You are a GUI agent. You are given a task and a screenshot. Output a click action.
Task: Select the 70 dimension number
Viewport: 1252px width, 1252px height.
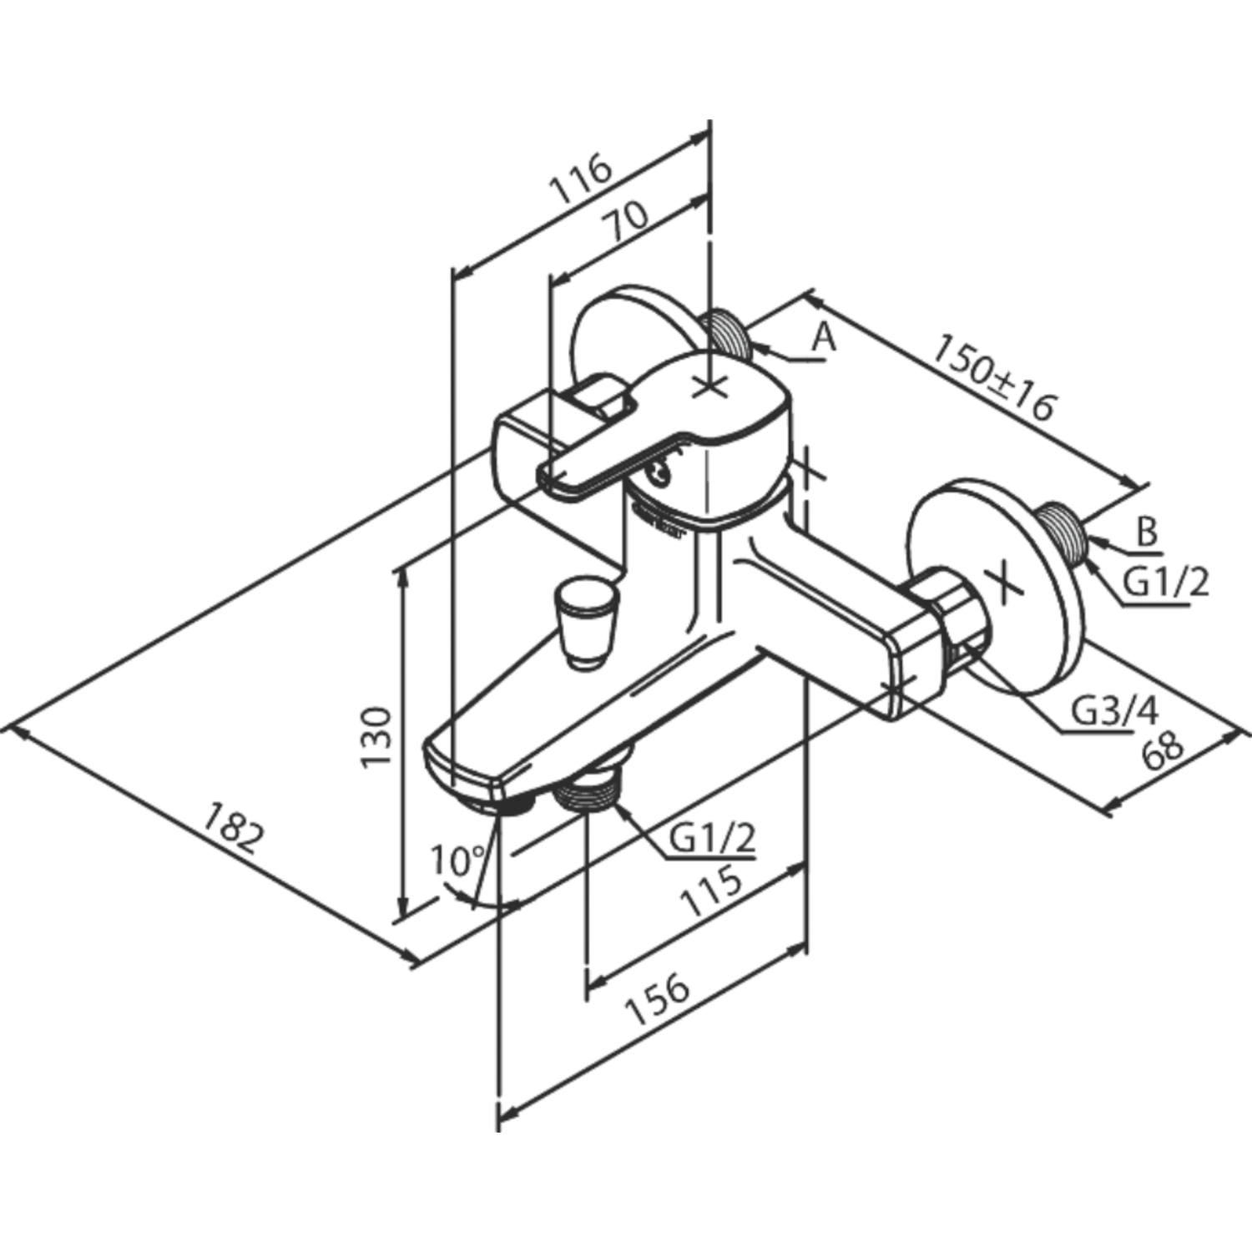(629, 223)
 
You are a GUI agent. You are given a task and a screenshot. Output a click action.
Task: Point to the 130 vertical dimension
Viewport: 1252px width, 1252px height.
(376, 737)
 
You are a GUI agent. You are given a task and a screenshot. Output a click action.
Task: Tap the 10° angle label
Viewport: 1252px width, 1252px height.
(457, 860)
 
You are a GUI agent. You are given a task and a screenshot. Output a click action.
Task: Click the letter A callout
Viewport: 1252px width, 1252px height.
(824, 337)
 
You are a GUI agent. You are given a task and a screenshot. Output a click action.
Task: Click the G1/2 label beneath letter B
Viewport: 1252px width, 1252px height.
(1164, 583)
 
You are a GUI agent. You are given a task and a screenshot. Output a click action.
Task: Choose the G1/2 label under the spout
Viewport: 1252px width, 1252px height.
(712, 837)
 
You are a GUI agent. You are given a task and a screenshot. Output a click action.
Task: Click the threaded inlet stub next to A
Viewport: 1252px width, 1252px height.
(730, 335)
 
